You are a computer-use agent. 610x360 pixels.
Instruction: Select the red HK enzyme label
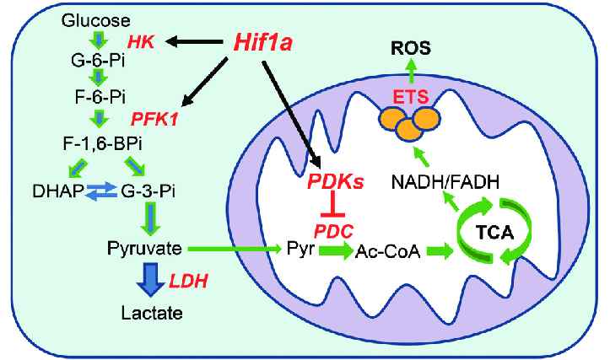coord(141,41)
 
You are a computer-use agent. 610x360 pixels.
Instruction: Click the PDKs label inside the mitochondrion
coord(336,181)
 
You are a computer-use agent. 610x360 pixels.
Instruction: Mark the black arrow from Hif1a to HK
coord(196,40)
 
